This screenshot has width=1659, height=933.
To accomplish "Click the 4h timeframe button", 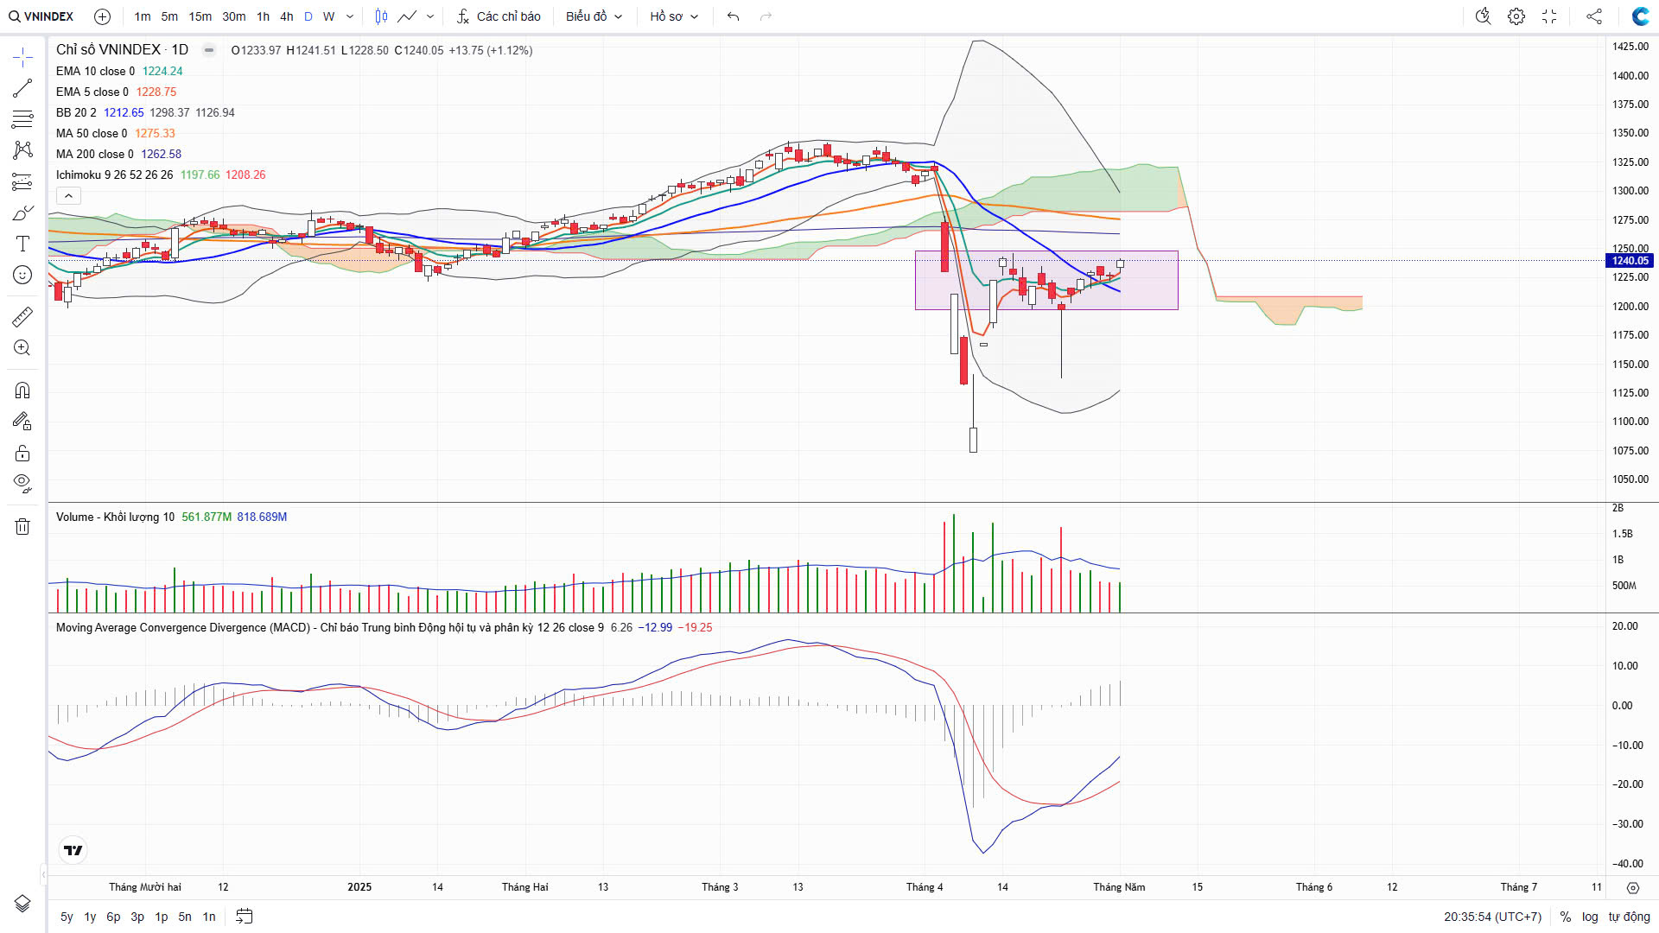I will coord(287,16).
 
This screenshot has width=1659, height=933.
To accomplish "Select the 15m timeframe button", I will coord(200,16).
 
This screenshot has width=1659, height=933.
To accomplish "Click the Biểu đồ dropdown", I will coord(594,16).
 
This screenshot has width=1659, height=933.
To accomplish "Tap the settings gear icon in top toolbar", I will coord(1516,16).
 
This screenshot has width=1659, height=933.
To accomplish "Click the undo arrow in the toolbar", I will coord(733,16).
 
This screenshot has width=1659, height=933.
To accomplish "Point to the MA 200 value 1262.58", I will coord(162,154).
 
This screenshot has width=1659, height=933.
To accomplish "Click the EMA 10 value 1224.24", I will coord(162,71).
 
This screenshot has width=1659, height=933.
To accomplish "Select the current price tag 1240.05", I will coord(1630,261).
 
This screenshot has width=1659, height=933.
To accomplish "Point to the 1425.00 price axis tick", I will coord(1630,47).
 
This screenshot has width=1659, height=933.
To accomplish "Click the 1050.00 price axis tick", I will coord(1630,479).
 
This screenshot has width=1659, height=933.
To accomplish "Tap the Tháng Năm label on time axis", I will coord(1119,887).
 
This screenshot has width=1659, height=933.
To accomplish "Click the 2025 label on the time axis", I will coord(359,887).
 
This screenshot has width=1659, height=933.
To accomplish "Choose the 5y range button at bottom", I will coord(67,917).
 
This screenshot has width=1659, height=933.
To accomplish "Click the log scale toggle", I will coord(1590,917).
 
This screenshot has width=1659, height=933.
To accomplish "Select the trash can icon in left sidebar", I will coord(22,526).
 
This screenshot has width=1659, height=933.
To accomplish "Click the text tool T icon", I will coord(22,244).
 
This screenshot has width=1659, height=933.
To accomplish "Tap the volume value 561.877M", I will coord(207,517).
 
